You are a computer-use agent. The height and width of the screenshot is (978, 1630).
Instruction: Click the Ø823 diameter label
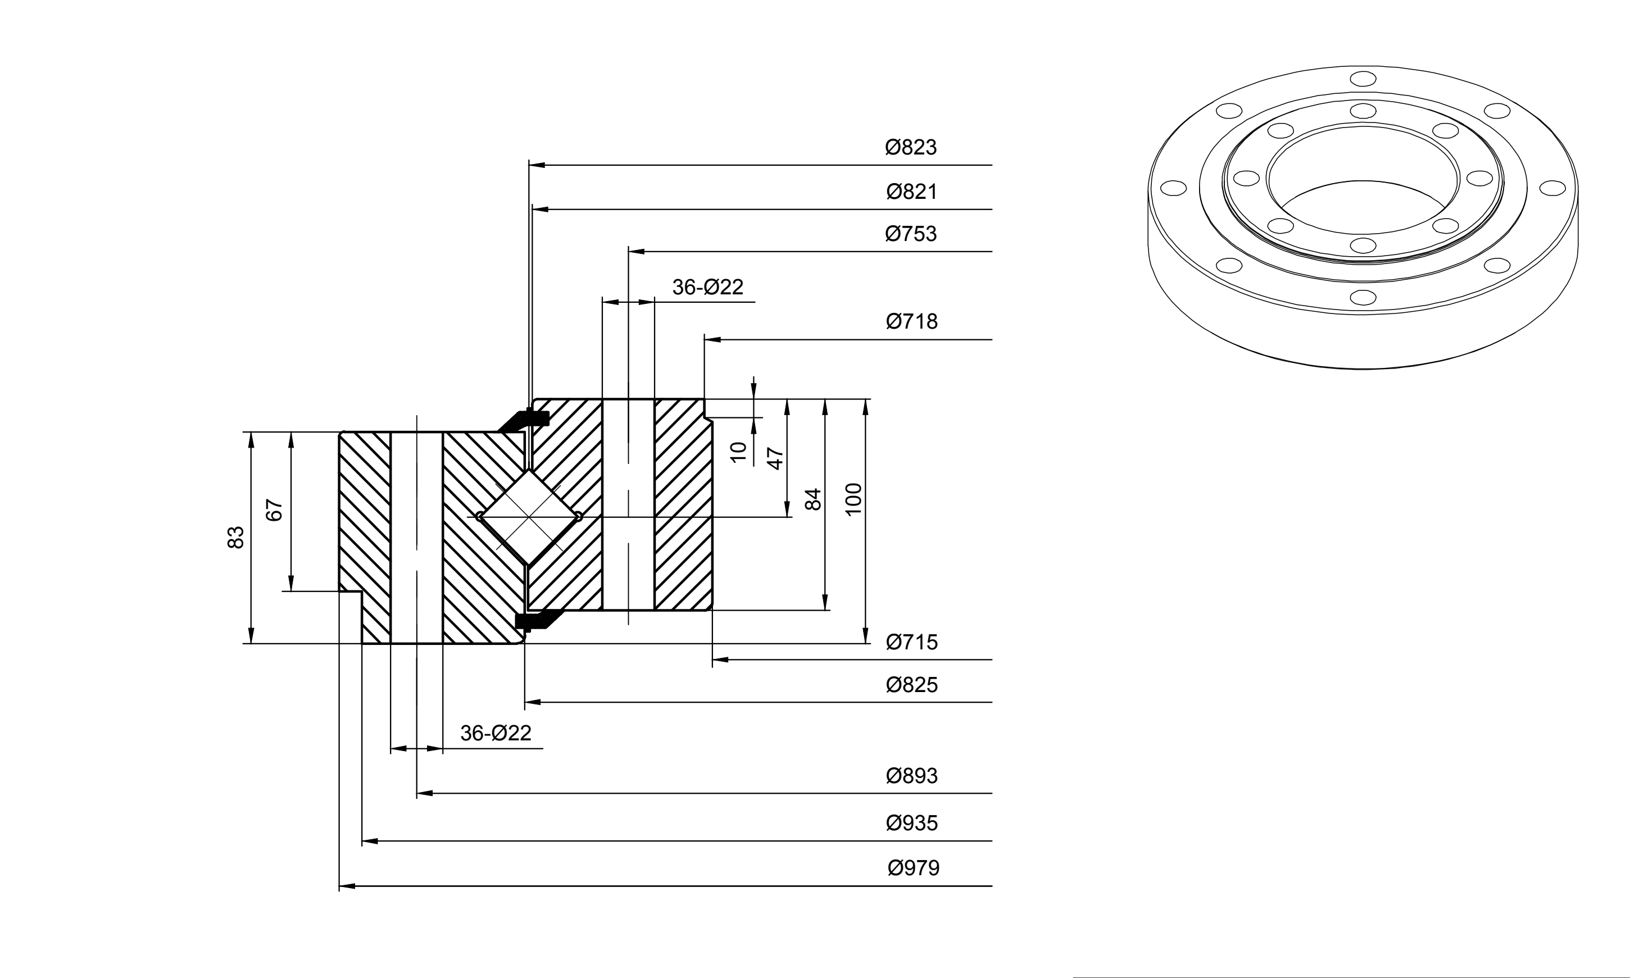(911, 147)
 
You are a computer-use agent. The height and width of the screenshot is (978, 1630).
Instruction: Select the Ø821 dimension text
(911, 192)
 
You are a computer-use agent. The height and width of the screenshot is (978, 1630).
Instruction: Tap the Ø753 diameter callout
(911, 234)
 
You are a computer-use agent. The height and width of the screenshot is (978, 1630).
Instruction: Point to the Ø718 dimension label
(911, 322)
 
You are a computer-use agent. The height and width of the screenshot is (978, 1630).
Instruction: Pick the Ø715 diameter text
(911, 642)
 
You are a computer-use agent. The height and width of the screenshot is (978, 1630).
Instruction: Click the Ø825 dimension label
(911, 685)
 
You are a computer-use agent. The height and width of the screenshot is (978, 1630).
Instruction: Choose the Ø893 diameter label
(911, 776)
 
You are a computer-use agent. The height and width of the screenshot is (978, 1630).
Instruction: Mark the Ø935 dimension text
(911, 823)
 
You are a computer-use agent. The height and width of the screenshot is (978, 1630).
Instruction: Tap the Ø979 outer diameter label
(914, 868)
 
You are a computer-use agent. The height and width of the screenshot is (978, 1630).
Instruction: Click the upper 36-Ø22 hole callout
(708, 286)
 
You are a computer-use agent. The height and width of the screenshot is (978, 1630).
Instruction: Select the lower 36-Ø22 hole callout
(496, 733)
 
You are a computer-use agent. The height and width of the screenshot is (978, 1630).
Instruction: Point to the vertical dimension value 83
(236, 537)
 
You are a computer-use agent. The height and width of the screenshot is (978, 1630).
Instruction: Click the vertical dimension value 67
(274, 510)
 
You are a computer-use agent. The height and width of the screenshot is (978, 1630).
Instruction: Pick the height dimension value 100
(853, 499)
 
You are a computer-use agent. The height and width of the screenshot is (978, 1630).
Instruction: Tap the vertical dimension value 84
(814, 499)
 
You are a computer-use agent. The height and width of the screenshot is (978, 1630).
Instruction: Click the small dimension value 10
(739, 452)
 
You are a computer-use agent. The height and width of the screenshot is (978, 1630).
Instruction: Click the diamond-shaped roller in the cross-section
(529, 517)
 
